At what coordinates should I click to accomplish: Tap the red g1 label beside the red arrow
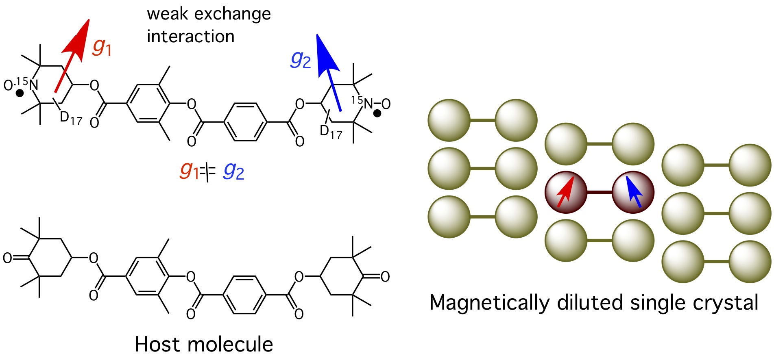(x=102, y=46)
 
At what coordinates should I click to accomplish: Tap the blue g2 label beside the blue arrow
(x=301, y=60)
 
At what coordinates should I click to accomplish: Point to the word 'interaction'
(x=190, y=37)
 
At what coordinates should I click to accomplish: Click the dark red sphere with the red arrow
(x=566, y=192)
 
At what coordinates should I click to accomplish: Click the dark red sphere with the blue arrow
(x=633, y=192)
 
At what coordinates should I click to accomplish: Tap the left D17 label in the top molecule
(x=71, y=118)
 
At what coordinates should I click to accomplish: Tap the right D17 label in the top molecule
(x=331, y=132)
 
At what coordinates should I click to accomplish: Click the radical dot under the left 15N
(x=19, y=94)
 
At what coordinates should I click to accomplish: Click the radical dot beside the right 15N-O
(x=377, y=114)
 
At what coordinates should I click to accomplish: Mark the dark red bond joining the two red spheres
(x=600, y=192)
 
